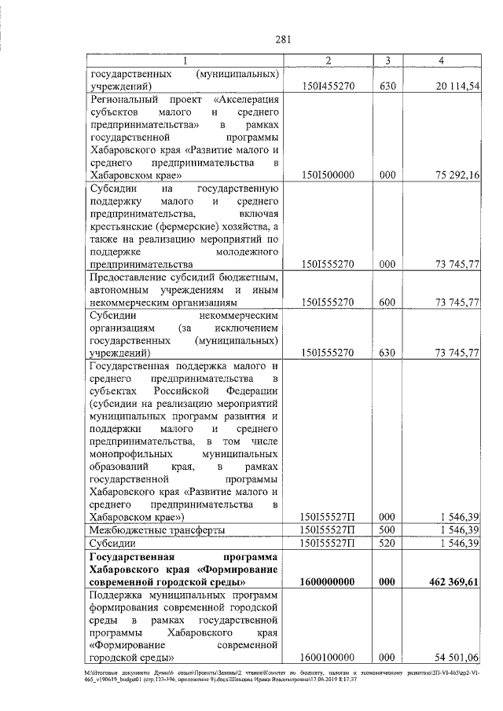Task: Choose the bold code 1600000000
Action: click(x=328, y=583)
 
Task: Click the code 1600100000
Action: click(x=328, y=658)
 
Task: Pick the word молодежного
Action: click(x=248, y=251)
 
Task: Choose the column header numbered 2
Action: click(x=328, y=60)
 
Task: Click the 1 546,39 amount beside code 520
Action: click(x=453, y=544)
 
